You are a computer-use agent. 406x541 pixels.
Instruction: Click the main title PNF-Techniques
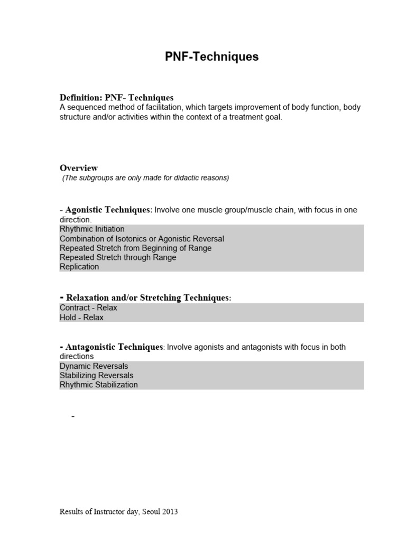[x=211, y=57]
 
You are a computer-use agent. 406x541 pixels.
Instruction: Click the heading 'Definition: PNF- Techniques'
[x=116, y=98]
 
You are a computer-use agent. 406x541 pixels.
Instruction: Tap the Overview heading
[x=79, y=168]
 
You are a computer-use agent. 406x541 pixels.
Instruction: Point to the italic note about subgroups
[x=145, y=178]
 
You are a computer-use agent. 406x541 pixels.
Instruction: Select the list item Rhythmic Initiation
[x=92, y=229]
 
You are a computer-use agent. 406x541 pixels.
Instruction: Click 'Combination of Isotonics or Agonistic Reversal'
[x=142, y=239]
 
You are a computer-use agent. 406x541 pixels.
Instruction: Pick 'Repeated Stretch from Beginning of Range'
[x=135, y=248]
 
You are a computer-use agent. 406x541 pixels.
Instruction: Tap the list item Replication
[x=79, y=267]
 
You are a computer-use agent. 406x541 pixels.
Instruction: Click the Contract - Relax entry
[x=88, y=308]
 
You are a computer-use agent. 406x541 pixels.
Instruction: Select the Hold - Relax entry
[x=81, y=318]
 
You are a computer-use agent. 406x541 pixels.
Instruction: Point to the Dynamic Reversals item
[x=94, y=366]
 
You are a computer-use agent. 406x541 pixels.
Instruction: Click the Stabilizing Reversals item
[x=96, y=376]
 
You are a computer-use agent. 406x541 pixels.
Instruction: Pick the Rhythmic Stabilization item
[x=98, y=385]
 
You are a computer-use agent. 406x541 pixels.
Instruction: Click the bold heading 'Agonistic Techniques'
[x=108, y=210]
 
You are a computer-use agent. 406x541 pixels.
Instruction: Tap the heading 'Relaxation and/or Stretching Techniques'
[x=147, y=298]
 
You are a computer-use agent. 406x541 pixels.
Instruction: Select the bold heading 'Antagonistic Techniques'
[x=114, y=347]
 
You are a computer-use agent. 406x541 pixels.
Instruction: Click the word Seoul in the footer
[x=151, y=512]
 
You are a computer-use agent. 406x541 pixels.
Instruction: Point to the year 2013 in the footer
[x=170, y=512]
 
